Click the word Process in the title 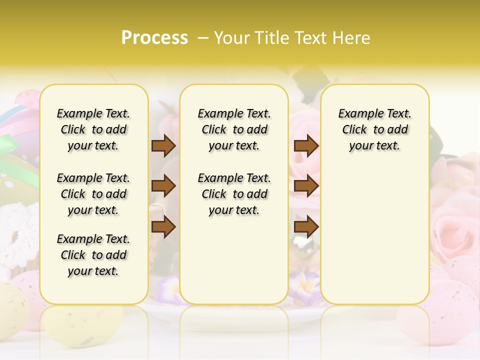154,38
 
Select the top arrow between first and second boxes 163,145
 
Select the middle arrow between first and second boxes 163,186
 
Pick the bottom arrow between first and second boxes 163,227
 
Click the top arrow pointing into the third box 306,145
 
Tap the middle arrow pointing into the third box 306,186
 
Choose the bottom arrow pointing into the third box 306,227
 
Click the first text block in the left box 93,129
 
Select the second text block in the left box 93,194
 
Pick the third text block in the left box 93,255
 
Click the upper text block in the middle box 234,129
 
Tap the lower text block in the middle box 234,194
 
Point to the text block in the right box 375,129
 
